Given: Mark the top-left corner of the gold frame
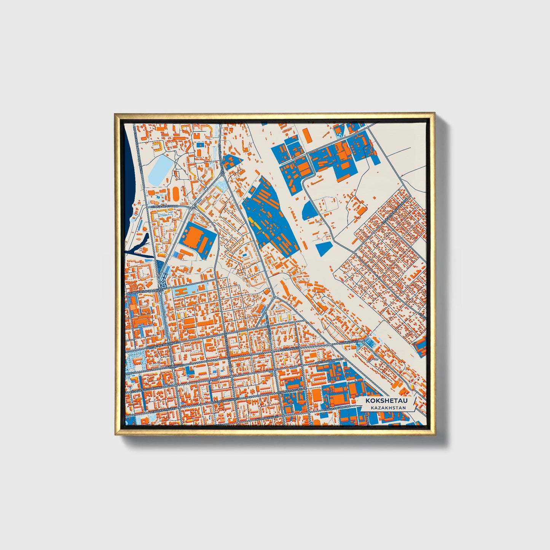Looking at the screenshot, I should tap(115, 113).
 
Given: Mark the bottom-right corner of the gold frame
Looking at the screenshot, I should tap(434, 435).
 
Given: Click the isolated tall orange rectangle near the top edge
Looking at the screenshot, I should tap(306, 136).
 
